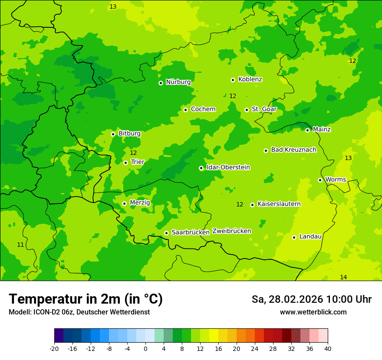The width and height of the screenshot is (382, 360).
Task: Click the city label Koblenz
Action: [250, 79]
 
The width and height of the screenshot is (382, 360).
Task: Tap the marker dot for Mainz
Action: [307, 130]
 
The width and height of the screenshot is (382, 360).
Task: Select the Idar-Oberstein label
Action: [228, 167]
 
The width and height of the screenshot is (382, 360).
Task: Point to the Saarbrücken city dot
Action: [166, 233]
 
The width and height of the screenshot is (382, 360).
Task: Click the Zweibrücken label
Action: [231, 231]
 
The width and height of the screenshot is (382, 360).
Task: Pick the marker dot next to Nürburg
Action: [161, 83]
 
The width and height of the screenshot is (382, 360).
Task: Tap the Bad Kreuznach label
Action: [293, 150]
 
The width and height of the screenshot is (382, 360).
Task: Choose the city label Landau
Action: [310, 236]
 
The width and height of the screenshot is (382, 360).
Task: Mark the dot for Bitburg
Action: [113, 134]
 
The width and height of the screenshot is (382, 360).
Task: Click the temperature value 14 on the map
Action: [343, 277]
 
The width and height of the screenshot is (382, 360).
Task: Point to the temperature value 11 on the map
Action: [20, 245]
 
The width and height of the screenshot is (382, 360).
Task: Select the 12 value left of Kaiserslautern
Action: [240, 204]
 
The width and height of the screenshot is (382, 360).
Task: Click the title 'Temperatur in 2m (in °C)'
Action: [86, 299]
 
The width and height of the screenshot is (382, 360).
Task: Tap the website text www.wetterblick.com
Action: [313, 312]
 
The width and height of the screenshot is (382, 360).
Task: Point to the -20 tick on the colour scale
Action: [54, 348]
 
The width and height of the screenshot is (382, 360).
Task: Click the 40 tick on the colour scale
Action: [328, 348]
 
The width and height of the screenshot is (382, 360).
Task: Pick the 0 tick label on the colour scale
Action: [145, 348]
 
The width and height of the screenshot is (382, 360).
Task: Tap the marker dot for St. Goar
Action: [247, 110]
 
